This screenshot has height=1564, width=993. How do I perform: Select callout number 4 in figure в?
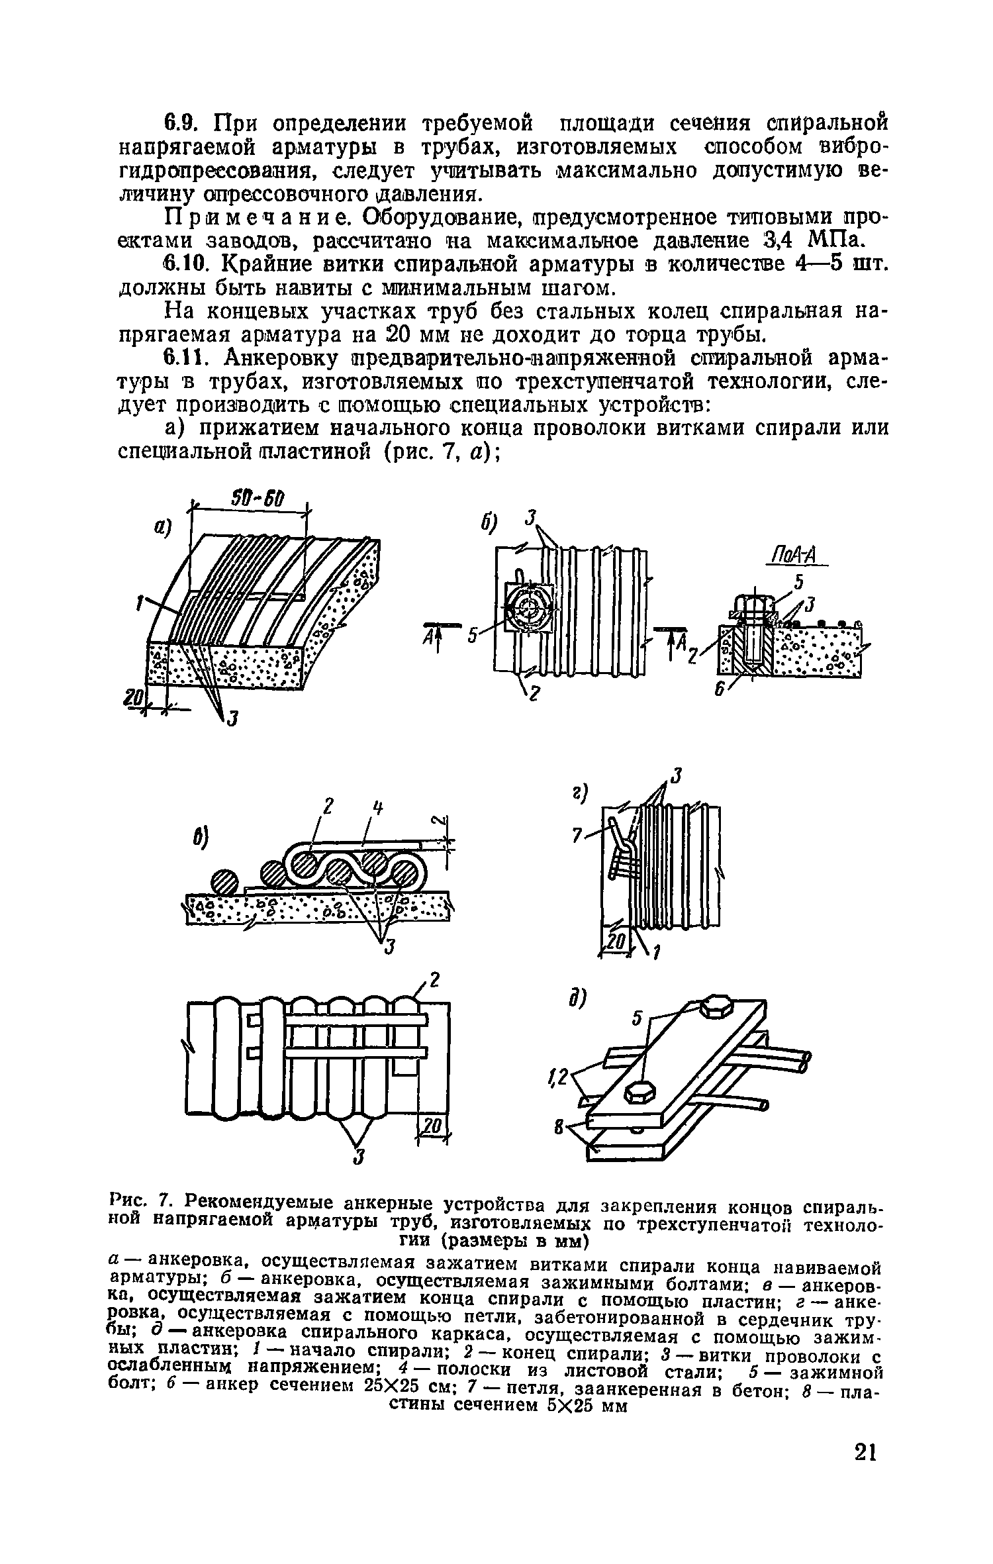pos(377,808)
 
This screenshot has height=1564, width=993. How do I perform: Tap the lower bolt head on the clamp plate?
pos(639,1093)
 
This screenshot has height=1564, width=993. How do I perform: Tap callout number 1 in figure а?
pos(140,603)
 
